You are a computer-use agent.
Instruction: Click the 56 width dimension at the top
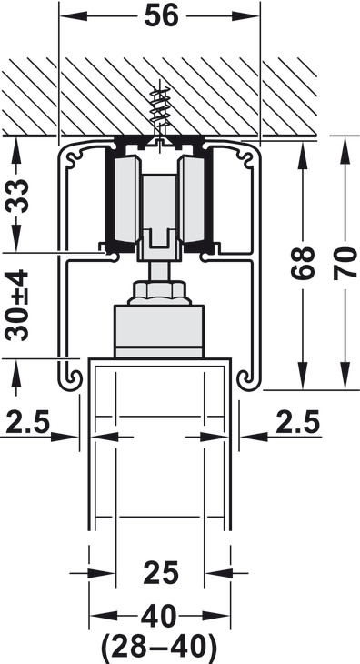(x=162, y=16)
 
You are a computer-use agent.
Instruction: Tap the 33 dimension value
(x=17, y=196)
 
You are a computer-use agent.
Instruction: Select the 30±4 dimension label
(x=17, y=306)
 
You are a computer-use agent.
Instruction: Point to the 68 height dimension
(x=303, y=263)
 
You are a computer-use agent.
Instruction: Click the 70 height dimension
(x=345, y=263)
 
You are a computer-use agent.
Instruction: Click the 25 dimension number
(x=161, y=572)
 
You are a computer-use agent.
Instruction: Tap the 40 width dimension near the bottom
(x=159, y=616)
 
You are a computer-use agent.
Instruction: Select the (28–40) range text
(x=159, y=647)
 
